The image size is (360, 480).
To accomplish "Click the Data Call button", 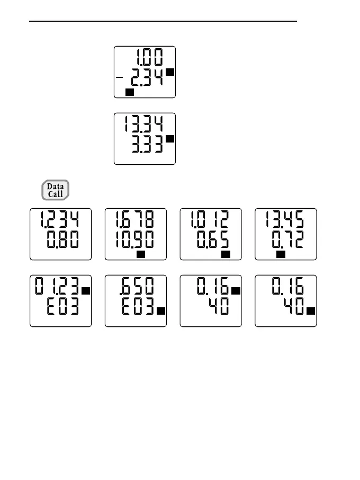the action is click(56, 190).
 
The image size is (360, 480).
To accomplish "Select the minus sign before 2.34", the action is click(120, 78).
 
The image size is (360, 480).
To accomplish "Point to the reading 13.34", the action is click(140, 125).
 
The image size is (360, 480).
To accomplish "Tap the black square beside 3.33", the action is click(170, 139).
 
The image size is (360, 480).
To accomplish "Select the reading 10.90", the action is click(134, 242).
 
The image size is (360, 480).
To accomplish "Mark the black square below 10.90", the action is click(141, 255).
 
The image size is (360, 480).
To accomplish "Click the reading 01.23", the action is click(58, 289).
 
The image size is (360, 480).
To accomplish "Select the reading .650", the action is click(134, 289).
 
